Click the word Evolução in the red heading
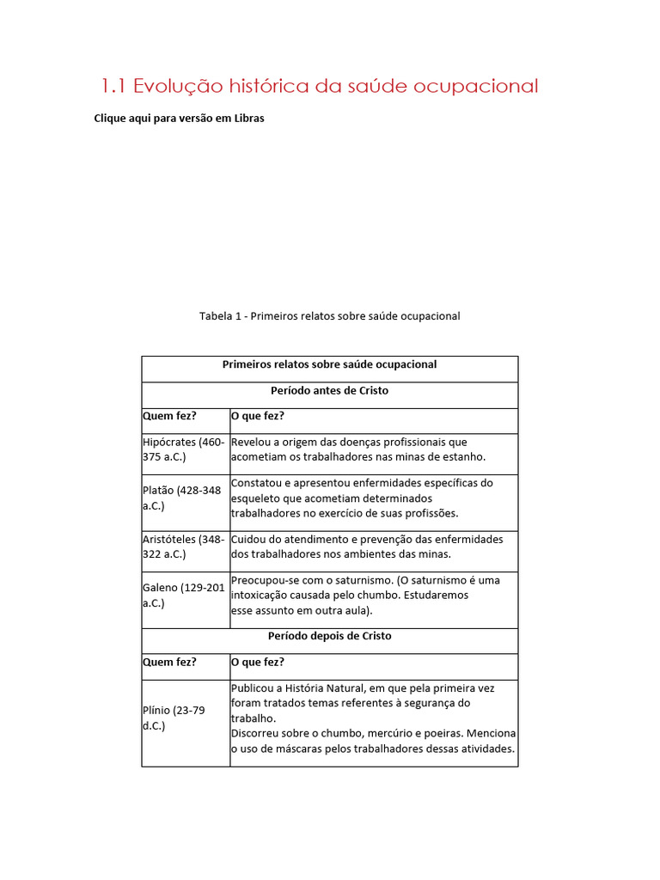point(177,86)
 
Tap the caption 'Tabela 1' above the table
point(221,316)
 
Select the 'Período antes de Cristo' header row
point(330,391)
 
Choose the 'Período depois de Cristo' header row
point(330,637)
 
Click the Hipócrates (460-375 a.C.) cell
point(185,449)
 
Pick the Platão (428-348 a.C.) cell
point(185,498)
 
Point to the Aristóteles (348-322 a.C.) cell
point(185,547)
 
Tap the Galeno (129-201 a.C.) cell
point(185,596)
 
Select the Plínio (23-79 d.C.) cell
point(185,718)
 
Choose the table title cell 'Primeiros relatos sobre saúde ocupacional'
point(330,364)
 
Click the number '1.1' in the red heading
point(114,86)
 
